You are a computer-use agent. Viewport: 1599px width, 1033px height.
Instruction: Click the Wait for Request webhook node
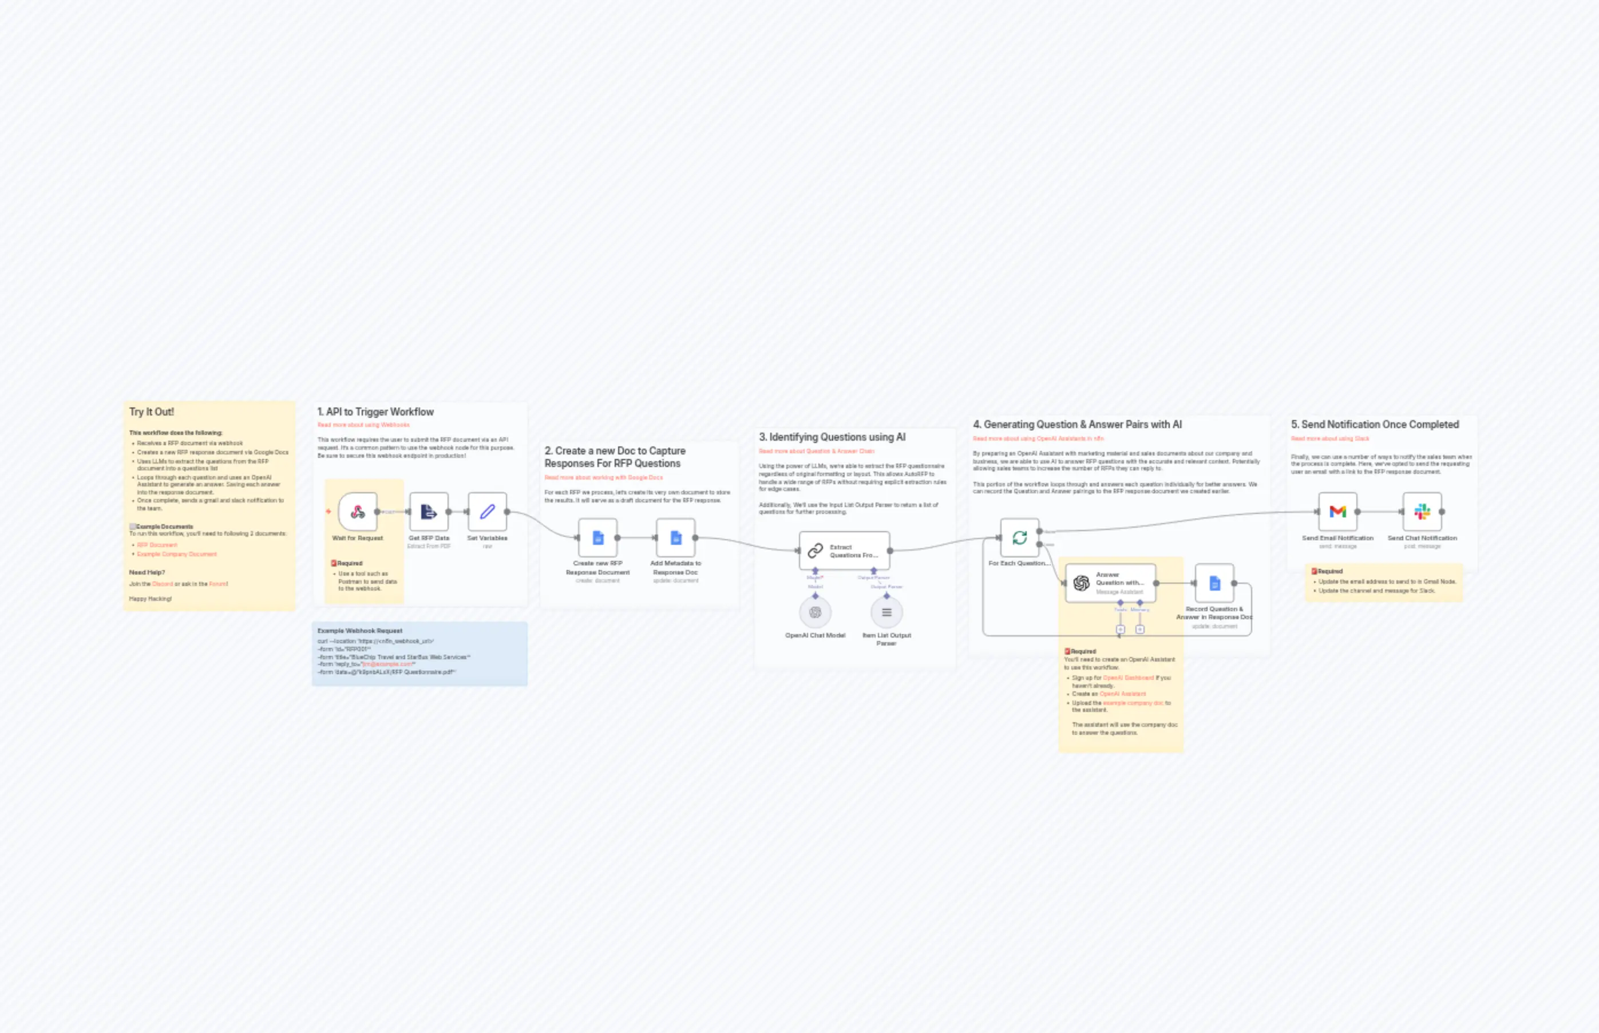(x=358, y=512)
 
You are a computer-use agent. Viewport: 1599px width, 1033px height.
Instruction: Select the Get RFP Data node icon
(x=429, y=512)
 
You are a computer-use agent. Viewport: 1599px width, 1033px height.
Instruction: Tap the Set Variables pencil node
(x=487, y=512)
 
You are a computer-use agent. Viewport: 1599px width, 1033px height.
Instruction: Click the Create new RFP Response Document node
(x=597, y=537)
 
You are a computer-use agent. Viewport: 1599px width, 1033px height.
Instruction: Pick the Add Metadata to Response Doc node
(x=675, y=537)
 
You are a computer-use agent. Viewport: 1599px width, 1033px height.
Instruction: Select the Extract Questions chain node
(x=845, y=551)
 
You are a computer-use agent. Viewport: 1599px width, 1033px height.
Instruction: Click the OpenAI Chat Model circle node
(x=815, y=612)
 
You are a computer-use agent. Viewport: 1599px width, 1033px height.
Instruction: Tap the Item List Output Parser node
(x=886, y=612)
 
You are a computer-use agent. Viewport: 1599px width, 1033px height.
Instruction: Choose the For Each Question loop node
(x=1019, y=537)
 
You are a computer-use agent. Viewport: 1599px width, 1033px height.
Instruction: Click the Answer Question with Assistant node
(x=1110, y=583)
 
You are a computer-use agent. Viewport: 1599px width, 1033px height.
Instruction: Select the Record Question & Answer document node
(x=1214, y=583)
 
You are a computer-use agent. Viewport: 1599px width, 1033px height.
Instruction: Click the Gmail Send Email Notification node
(x=1337, y=512)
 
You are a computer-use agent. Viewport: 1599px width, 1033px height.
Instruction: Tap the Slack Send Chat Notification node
(x=1422, y=512)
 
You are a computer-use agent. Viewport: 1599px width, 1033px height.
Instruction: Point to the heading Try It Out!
(x=152, y=412)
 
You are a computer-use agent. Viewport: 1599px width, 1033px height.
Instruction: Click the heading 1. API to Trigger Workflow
(x=375, y=412)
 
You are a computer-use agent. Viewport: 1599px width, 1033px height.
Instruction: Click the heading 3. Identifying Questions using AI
(x=832, y=437)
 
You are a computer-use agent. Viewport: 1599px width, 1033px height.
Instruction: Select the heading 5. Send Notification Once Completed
(x=1375, y=425)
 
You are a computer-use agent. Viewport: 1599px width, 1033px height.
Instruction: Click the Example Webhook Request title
(x=359, y=631)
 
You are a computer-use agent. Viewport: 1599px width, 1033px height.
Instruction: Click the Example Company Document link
(x=177, y=554)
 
